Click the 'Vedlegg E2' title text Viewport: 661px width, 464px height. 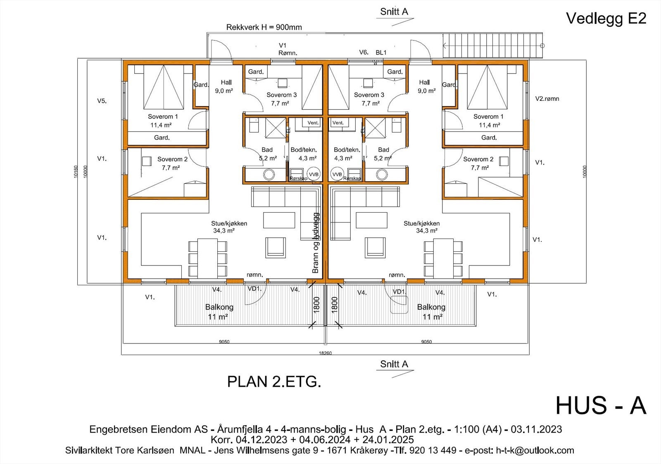606,18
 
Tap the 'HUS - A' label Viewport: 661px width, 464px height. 600,405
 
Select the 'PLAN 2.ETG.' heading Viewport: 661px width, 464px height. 274,382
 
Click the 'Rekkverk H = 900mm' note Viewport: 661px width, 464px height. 264,27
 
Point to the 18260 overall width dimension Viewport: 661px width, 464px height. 325,353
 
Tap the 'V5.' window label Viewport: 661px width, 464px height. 102,100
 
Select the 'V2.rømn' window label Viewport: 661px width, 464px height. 547,99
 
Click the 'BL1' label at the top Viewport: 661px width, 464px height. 381,52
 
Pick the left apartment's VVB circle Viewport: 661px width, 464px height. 314,174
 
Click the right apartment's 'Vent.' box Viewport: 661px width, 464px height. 338,123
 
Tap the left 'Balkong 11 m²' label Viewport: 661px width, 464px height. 219,312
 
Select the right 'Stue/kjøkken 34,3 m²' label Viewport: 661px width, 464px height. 421,227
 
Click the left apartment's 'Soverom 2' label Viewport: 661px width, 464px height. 172,163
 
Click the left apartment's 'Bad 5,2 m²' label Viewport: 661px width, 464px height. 267,154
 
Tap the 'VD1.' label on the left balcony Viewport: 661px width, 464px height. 254,289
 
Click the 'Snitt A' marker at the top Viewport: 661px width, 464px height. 394,12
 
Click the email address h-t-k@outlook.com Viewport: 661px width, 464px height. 535,450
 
